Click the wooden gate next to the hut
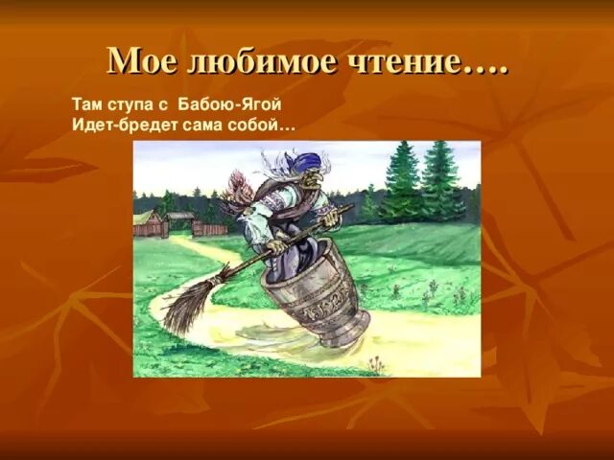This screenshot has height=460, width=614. coord(209,228)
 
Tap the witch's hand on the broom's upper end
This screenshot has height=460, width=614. coord(331,218)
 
